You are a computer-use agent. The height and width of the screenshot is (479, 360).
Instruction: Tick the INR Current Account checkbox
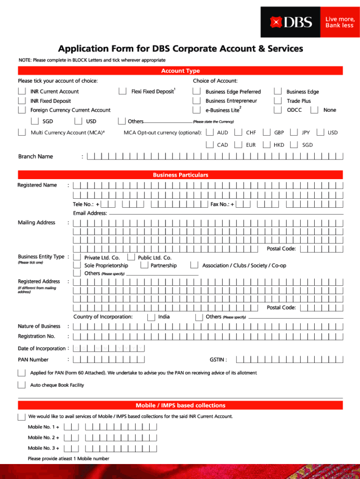22,91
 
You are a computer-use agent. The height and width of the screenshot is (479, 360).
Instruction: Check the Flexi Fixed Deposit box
122,91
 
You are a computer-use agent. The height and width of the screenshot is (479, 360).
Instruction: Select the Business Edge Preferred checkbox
197,92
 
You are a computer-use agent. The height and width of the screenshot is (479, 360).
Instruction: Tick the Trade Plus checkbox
278,101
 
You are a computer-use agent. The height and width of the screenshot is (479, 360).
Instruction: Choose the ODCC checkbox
278,110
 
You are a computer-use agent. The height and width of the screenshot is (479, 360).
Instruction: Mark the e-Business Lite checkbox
197,110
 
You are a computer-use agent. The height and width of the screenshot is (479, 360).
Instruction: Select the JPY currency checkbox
294,132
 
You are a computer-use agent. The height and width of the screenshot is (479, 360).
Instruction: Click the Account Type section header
180,71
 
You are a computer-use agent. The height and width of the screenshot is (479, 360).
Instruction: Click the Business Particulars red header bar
180,175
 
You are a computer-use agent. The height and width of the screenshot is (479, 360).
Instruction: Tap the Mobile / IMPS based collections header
180,405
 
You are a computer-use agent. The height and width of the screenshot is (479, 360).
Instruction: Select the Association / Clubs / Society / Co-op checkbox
194,265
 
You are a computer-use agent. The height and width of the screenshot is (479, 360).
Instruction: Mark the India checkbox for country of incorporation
151,317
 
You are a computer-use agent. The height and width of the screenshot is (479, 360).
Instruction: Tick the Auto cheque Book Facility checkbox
22,385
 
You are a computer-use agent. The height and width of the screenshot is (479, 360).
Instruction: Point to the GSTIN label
218,360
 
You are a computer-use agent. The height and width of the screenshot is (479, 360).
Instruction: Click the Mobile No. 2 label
43,437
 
